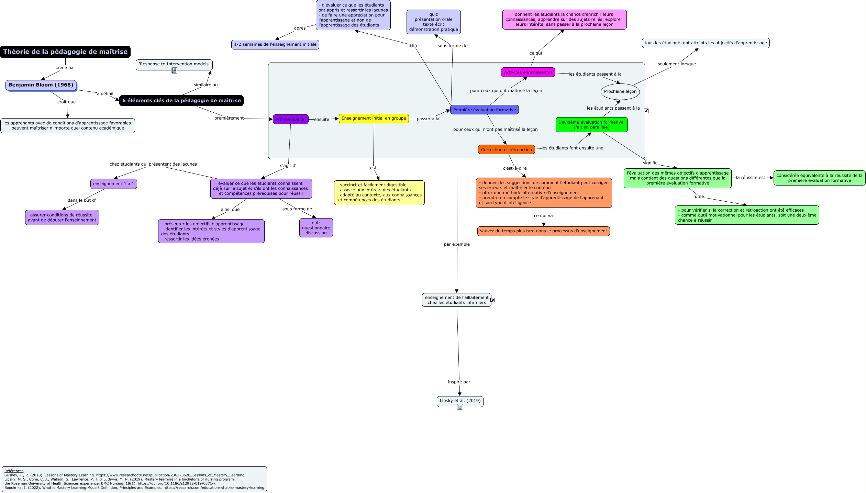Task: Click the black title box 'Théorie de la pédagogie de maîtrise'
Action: (65, 52)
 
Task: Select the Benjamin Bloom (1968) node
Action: (41, 85)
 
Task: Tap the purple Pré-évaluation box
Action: (290, 119)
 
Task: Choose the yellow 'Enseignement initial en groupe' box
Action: (374, 118)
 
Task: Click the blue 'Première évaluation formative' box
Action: (484, 110)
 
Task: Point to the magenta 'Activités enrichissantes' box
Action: (528, 72)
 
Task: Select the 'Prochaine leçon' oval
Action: (620, 91)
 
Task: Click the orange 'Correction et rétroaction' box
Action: (506, 149)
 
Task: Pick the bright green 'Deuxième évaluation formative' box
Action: (591, 124)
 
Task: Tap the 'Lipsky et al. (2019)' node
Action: (460, 401)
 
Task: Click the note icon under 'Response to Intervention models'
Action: (174, 70)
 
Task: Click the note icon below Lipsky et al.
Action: (460, 407)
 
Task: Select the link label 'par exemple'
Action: (456, 244)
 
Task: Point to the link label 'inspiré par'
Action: (459, 382)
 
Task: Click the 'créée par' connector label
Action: (65, 68)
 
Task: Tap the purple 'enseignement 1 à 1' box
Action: (113, 184)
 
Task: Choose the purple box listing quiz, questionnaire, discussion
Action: (316, 228)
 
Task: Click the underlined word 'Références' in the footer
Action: (14, 471)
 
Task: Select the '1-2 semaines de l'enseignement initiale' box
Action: (275, 44)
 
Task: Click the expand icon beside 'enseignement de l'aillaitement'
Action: (492, 300)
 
